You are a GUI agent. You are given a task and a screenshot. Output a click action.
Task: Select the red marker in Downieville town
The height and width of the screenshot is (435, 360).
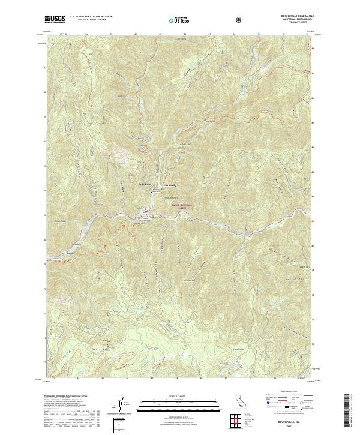coord(146,211)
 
